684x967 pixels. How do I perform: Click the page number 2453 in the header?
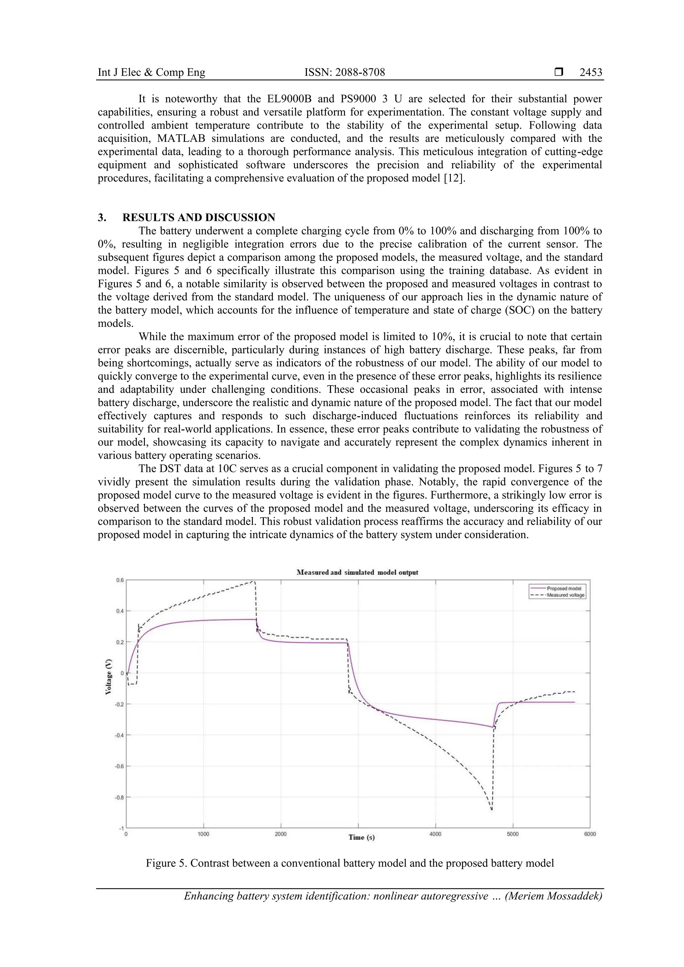pyautogui.click(x=590, y=72)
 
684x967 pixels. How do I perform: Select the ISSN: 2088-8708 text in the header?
pyautogui.click(x=344, y=72)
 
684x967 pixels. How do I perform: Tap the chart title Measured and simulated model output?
pyautogui.click(x=357, y=572)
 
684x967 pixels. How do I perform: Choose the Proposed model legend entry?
pyautogui.click(x=563, y=588)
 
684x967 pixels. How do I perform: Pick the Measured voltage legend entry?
pyautogui.click(x=565, y=595)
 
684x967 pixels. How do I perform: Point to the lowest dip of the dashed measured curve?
pyautogui.click(x=491, y=809)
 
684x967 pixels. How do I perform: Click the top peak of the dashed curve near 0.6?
pyautogui.click(x=252, y=581)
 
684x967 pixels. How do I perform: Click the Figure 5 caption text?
pyautogui.click(x=349, y=863)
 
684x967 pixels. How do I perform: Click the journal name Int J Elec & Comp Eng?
pyautogui.click(x=151, y=72)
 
